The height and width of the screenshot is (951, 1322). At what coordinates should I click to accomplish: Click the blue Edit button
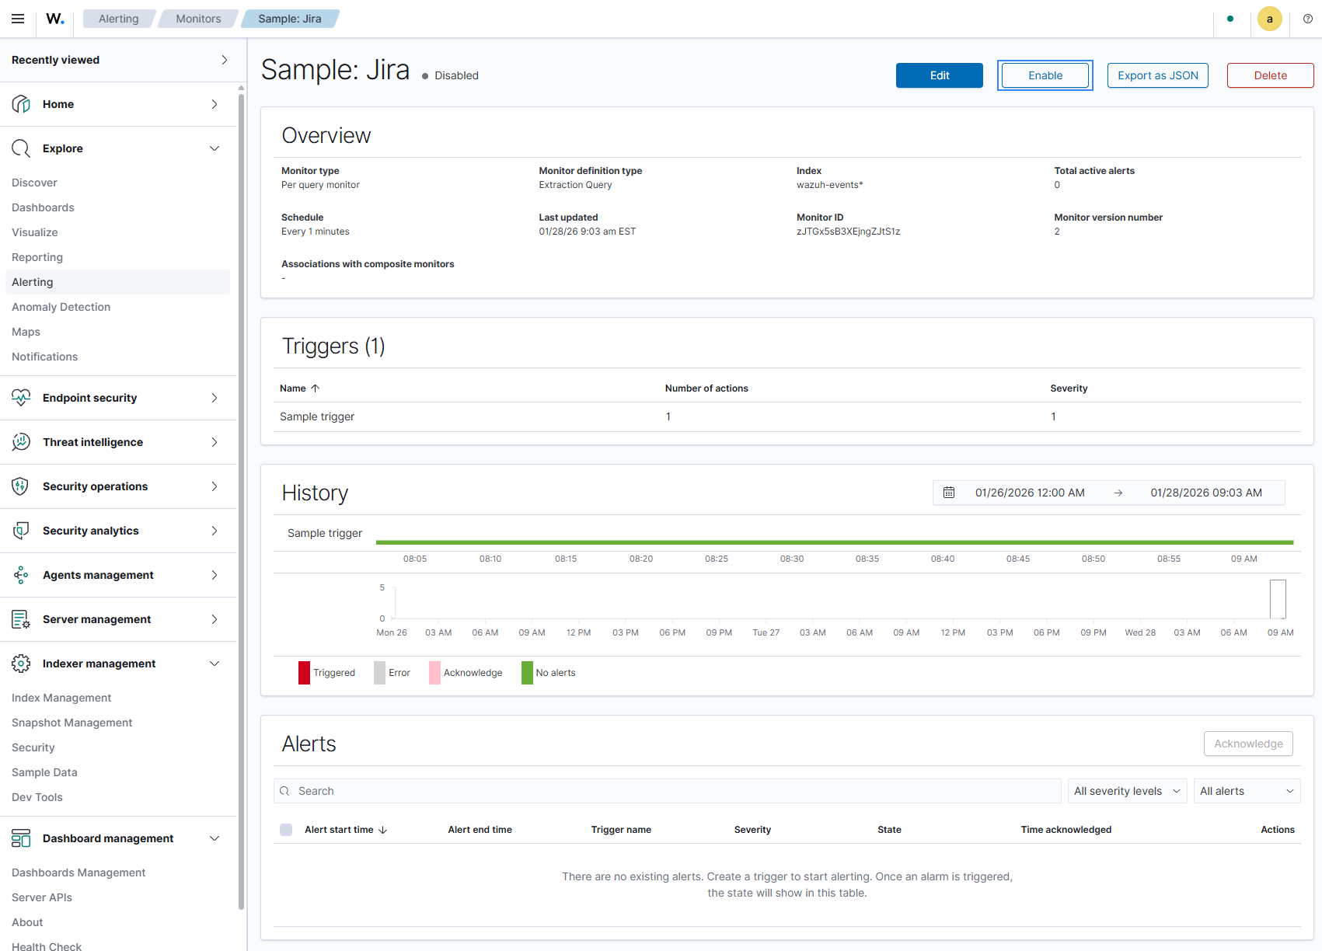pyautogui.click(x=939, y=75)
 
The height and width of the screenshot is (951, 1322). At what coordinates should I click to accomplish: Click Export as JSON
pyautogui.click(x=1157, y=75)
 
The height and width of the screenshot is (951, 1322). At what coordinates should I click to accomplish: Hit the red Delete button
pyautogui.click(x=1270, y=75)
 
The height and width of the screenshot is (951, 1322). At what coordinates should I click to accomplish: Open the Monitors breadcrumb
pyautogui.click(x=198, y=19)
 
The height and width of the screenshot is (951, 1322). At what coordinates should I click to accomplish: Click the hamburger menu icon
pyautogui.click(x=19, y=19)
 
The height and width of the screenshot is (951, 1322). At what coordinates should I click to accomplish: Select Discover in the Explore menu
pyautogui.click(x=34, y=183)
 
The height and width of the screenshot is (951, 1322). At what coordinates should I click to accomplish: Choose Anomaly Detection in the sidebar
pyautogui.click(x=61, y=307)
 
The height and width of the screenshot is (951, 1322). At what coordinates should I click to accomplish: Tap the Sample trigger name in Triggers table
pyautogui.click(x=317, y=416)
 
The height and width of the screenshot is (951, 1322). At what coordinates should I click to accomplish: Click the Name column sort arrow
pyautogui.click(x=316, y=388)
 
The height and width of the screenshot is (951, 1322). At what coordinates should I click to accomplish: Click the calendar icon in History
pyautogui.click(x=948, y=493)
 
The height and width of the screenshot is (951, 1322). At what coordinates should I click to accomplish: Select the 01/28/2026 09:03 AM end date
pyautogui.click(x=1205, y=493)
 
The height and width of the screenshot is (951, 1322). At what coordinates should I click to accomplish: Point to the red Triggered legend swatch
pyautogui.click(x=304, y=673)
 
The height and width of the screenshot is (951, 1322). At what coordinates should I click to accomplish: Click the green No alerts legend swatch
pyautogui.click(x=527, y=673)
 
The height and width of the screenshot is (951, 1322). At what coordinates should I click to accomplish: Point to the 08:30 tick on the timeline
pyautogui.click(x=791, y=559)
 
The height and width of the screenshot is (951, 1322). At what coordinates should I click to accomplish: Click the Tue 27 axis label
pyautogui.click(x=766, y=632)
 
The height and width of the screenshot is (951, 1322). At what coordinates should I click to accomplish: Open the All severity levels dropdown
pyautogui.click(x=1127, y=791)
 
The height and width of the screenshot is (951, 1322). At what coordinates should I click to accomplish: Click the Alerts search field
pyautogui.click(x=667, y=791)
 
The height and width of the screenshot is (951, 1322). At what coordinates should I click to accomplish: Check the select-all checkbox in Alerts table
pyautogui.click(x=286, y=830)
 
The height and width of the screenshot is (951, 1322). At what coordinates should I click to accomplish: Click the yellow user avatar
pyautogui.click(x=1269, y=19)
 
